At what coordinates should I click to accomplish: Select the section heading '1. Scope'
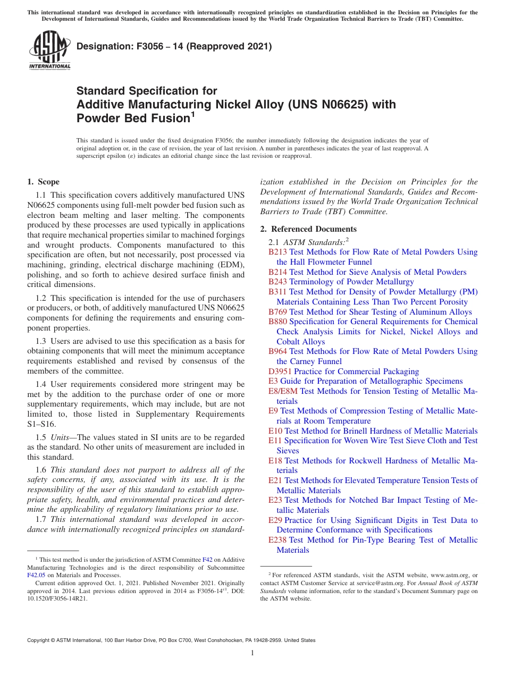click(x=43, y=182)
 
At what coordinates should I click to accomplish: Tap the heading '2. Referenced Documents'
click(x=308, y=229)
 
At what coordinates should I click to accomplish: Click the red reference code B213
click(x=277, y=252)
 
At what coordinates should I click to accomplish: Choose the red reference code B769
click(x=277, y=312)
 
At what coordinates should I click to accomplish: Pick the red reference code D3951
click(x=280, y=371)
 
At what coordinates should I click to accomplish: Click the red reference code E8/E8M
click(x=283, y=391)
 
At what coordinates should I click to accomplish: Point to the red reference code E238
click(x=277, y=540)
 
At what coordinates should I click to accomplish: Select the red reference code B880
click(x=277, y=322)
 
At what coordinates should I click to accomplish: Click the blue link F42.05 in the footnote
click(x=36, y=574)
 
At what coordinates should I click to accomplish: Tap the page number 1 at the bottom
click(x=252, y=653)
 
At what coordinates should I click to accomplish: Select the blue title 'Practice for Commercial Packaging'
click(x=356, y=371)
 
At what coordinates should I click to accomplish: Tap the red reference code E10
click(x=275, y=431)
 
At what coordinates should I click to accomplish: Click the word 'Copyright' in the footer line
click(x=40, y=640)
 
